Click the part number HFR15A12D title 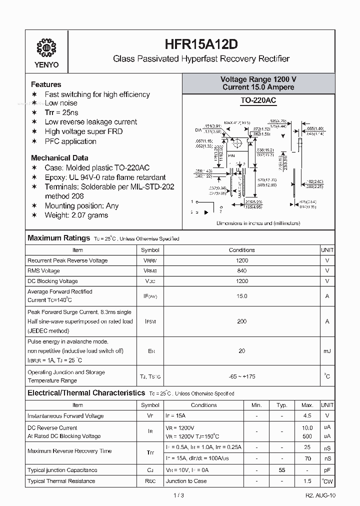(x=201, y=42)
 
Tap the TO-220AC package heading (x=258, y=100)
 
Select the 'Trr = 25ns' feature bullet (x=61, y=112)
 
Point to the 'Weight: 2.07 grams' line (x=76, y=215)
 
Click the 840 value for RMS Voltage (x=241, y=270)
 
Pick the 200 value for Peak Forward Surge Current (x=241, y=321)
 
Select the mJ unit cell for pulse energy (x=327, y=351)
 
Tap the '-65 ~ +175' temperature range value (x=241, y=376)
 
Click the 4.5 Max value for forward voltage (x=307, y=415)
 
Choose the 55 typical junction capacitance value (x=281, y=470)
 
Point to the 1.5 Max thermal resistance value (x=307, y=481)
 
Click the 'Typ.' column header (x=281, y=405)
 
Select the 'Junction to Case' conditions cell (x=186, y=481)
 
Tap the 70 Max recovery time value (x=307, y=458)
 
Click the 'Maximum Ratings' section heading (x=58, y=238)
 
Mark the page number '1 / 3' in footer (x=180, y=495)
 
